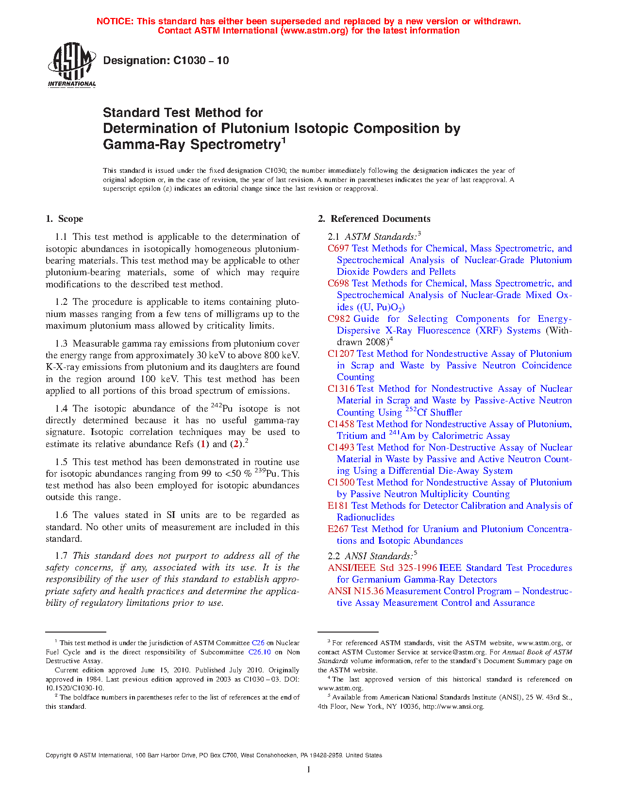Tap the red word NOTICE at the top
[x=114, y=21]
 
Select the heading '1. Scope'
[x=65, y=219]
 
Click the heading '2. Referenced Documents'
[x=374, y=219]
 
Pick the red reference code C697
[x=338, y=249]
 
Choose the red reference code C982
[x=339, y=319]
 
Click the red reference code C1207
[x=341, y=354]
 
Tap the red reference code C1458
[x=341, y=424]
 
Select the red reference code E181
[x=338, y=506]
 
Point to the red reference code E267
[x=338, y=529]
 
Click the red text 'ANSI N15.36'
[x=355, y=591]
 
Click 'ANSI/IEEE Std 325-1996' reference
[x=382, y=568]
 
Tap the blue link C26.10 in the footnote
[x=259, y=652]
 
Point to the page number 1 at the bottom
[x=309, y=769]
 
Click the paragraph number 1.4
[x=61, y=409]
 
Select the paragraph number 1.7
[x=61, y=556]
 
